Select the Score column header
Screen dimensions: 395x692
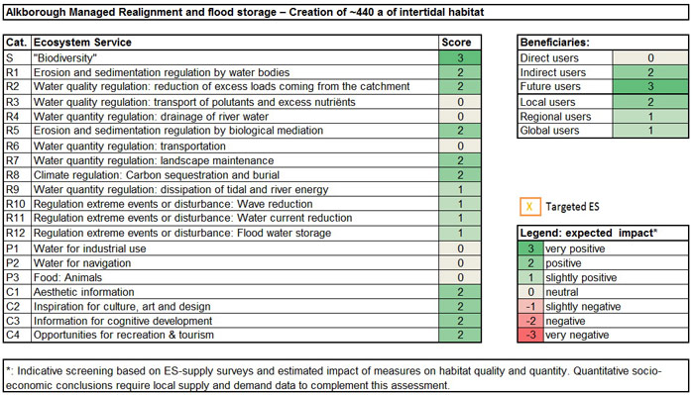[461, 44]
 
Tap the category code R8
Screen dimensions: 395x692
[17, 172]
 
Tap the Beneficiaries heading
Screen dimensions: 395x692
[555, 44]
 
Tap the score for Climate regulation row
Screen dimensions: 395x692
[461, 172]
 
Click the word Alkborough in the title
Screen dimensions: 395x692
[38, 12]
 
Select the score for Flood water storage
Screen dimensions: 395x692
[461, 232]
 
